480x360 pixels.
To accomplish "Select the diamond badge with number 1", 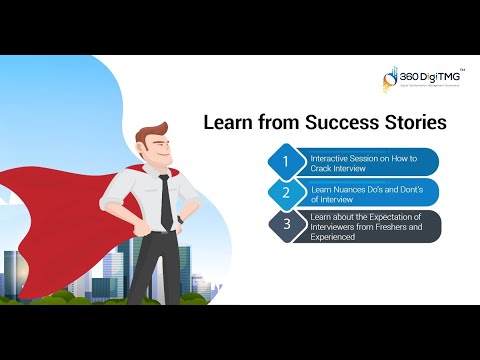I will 285,161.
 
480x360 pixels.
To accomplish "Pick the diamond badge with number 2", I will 285,192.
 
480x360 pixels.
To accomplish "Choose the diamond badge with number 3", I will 285,224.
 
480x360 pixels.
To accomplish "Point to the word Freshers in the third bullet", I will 393,227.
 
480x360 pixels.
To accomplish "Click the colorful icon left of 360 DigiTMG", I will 390,81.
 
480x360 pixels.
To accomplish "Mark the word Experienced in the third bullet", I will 334,236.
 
